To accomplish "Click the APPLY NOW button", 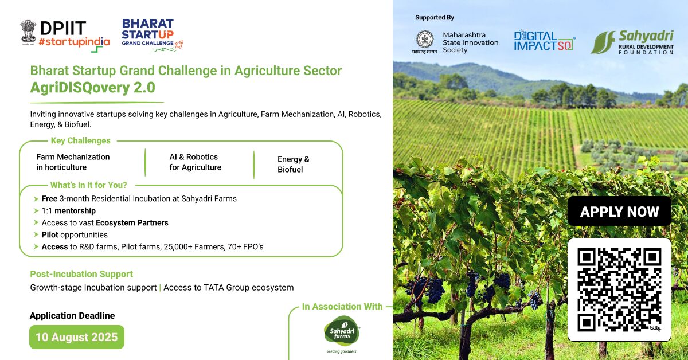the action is click(x=619, y=212).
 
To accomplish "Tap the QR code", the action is click(x=619, y=289).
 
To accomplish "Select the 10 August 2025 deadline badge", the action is click(x=77, y=337).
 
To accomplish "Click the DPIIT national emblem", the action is click(x=28, y=33).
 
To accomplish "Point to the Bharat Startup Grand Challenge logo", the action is click(x=152, y=35).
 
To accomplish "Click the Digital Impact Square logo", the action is click(x=544, y=41).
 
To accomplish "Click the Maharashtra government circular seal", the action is click(x=425, y=40).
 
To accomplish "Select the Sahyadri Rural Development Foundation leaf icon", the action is click(x=603, y=42).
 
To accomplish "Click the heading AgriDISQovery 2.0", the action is click(x=92, y=88).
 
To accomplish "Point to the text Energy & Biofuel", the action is click(x=294, y=165).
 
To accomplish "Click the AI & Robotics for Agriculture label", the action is click(x=196, y=162).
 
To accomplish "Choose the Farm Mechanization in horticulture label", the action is click(x=73, y=162).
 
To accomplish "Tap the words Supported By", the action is click(x=435, y=18).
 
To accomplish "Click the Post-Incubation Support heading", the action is click(x=81, y=274).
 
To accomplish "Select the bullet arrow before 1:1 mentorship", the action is click(x=36, y=211).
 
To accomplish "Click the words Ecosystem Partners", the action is click(x=132, y=222).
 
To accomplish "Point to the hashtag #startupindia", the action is click(x=74, y=41).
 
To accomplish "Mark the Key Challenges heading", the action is click(x=80, y=140).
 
